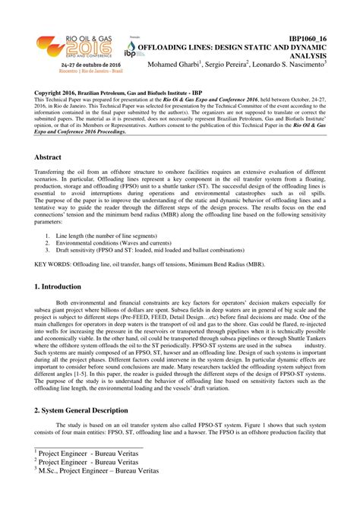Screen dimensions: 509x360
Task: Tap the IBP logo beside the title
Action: (x=131, y=53)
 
